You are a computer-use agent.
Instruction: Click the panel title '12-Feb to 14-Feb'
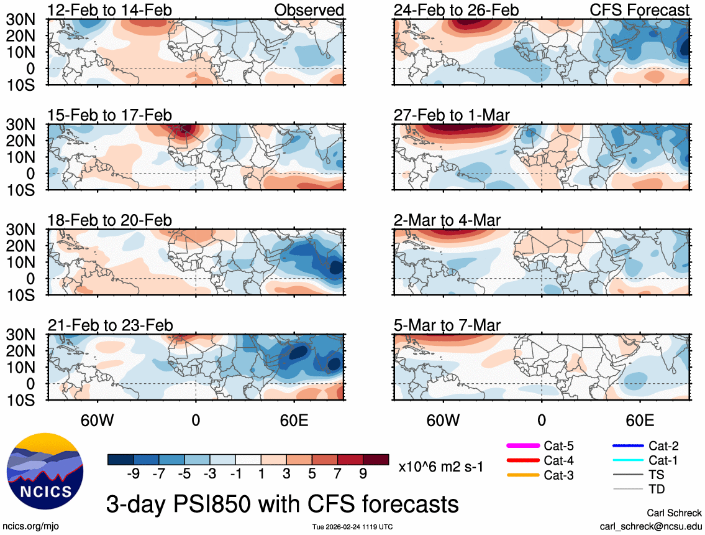(x=110, y=11)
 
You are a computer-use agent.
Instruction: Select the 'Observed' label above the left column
(x=309, y=11)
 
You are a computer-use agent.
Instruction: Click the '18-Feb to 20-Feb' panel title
(x=110, y=221)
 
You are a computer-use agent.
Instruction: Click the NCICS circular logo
(x=44, y=470)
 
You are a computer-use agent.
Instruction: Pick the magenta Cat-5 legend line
(x=523, y=445)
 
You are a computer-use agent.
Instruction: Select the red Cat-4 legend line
(x=523, y=460)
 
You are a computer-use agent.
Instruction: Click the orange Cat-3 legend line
(x=523, y=475)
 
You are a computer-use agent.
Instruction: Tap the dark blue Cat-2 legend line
(x=627, y=445)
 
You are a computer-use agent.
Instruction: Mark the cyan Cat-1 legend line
(x=627, y=460)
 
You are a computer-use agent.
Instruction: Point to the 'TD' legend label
(x=657, y=490)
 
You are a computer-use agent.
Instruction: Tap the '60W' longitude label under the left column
(x=98, y=421)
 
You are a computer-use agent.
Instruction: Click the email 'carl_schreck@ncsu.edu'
(x=651, y=526)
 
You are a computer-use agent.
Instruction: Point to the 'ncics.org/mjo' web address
(x=29, y=526)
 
